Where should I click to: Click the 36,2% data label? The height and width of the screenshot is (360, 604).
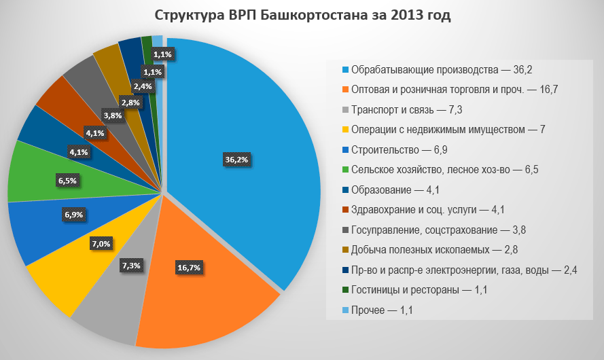236,160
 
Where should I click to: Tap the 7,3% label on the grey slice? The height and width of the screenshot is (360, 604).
131,266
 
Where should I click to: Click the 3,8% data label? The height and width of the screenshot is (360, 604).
112,115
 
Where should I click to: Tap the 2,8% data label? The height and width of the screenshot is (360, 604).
130,102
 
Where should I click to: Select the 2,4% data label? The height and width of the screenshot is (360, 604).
143,86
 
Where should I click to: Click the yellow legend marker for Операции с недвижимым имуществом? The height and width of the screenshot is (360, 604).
345,130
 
